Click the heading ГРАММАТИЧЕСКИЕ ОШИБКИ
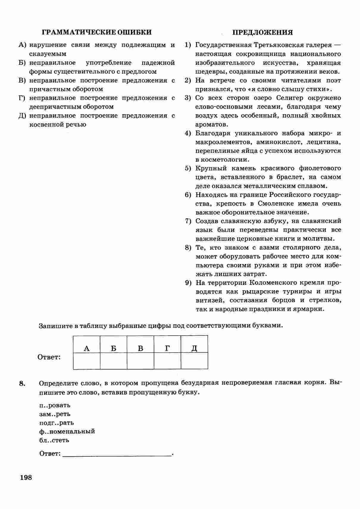click(x=97, y=32)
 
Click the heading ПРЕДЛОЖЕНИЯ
click(x=262, y=32)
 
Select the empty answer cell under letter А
click(x=87, y=361)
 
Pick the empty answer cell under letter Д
click(x=194, y=361)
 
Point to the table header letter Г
click(x=168, y=348)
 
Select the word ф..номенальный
click(x=67, y=431)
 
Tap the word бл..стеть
click(x=54, y=440)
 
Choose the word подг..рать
click(x=57, y=422)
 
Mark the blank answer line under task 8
click(x=118, y=454)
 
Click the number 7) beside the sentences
click(x=188, y=221)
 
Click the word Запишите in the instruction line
click(x=55, y=326)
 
